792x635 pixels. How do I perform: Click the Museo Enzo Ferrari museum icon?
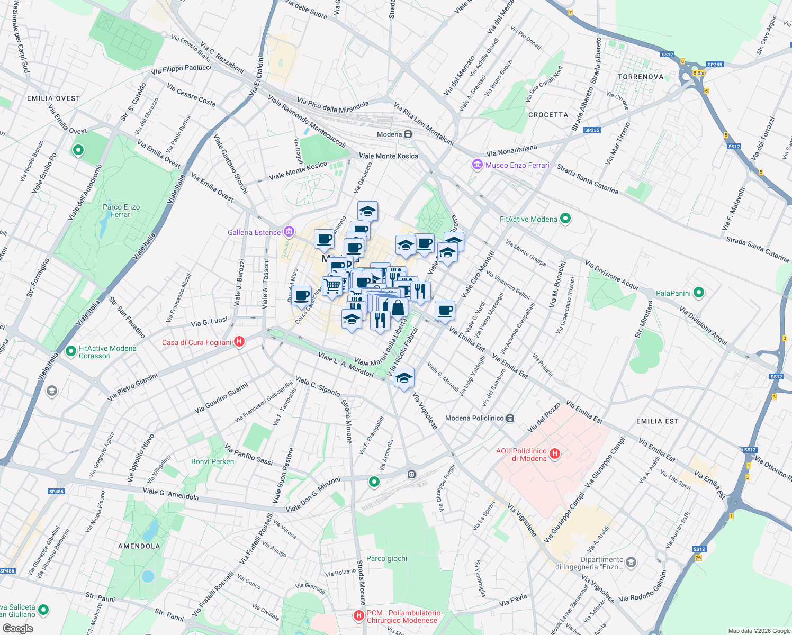click(x=478, y=165)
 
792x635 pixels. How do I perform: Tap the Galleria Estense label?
click(x=254, y=232)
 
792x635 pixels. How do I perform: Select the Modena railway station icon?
click(x=408, y=134)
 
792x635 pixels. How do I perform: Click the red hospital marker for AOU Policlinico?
click(x=555, y=454)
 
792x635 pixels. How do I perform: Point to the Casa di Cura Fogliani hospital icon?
click(x=239, y=342)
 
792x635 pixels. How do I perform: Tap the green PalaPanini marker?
click(x=699, y=293)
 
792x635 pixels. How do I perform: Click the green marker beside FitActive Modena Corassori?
click(x=70, y=351)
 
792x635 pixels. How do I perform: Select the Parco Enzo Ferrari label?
click(x=121, y=211)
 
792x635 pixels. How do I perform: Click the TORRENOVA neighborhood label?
click(x=641, y=77)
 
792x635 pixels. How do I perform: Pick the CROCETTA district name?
click(x=548, y=115)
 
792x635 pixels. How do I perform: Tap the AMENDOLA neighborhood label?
click(x=139, y=546)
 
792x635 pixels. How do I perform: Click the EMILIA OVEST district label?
click(x=53, y=98)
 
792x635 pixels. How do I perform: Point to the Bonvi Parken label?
click(x=212, y=461)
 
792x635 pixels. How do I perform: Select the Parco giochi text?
click(x=387, y=558)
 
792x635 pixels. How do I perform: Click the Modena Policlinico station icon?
click(x=510, y=418)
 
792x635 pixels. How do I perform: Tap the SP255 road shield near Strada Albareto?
click(x=592, y=130)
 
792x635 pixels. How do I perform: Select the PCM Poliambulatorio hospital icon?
click(x=359, y=615)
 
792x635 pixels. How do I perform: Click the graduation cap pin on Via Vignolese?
click(x=404, y=378)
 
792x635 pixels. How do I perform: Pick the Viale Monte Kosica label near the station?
click(x=389, y=156)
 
